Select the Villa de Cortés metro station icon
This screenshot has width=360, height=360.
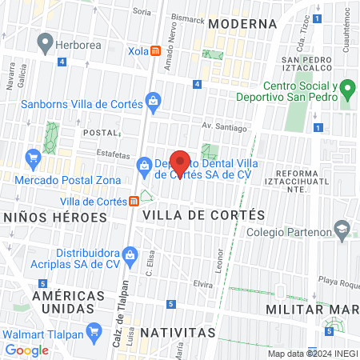[134, 201]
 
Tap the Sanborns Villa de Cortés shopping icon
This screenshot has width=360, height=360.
[153, 101]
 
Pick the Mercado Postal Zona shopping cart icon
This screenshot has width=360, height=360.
[33, 158]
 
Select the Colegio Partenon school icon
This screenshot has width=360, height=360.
[342, 231]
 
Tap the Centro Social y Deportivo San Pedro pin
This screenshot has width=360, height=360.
[346, 87]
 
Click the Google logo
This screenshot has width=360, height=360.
[27, 350]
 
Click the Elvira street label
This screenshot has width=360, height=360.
[202, 284]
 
